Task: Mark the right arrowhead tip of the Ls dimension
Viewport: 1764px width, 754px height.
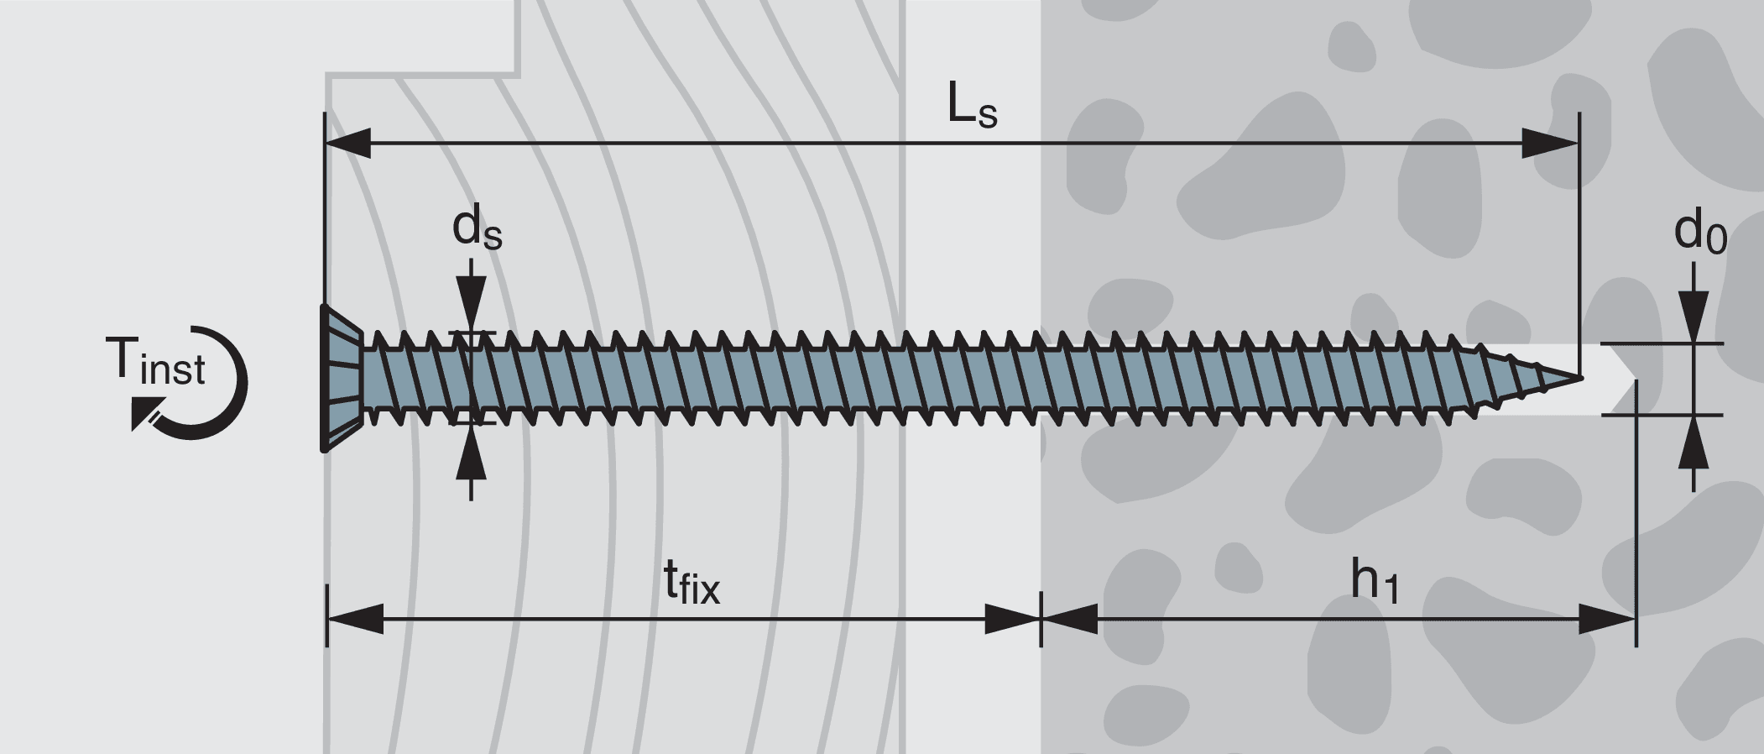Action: pos(1579,144)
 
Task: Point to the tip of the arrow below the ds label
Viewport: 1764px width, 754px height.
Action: pos(471,332)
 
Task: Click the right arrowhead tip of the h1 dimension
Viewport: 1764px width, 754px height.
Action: pos(1636,620)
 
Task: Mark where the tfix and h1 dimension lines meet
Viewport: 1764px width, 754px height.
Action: pos(1041,620)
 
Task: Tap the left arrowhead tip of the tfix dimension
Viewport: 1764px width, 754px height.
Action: pos(327,620)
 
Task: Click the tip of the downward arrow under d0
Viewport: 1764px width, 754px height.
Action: pos(1694,343)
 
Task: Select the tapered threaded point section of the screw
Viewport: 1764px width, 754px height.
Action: pos(1527,379)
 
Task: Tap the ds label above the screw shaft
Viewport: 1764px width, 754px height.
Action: pos(477,228)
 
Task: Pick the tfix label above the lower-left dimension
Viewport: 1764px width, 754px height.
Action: pos(692,582)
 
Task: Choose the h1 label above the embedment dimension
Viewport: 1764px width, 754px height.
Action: pos(1375,581)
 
